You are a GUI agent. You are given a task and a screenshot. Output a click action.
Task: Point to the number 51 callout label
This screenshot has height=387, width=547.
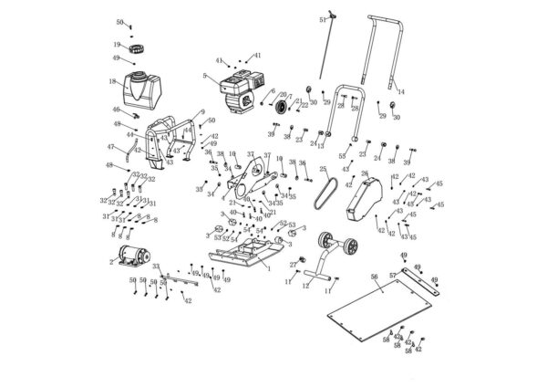coord(323,19)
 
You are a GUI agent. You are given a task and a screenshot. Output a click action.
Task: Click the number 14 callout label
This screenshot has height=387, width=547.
coord(402,92)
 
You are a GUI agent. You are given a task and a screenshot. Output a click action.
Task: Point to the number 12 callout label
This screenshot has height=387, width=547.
coord(305,286)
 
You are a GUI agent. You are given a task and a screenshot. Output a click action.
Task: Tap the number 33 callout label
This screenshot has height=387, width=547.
coord(156,266)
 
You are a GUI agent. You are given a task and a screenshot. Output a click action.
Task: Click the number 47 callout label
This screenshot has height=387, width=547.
coord(110,147)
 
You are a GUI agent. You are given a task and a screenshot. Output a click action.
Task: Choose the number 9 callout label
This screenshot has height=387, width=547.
coord(202,110)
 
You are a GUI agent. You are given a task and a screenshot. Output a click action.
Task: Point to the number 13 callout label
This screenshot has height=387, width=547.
coord(321,146)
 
